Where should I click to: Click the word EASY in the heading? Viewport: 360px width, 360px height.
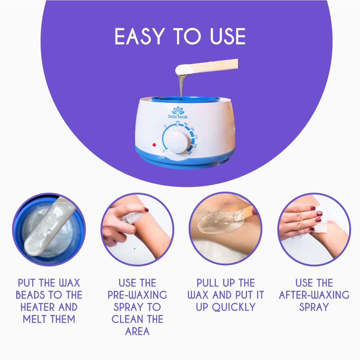pyautogui.click(x=140, y=36)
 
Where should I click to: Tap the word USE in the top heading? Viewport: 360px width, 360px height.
pyautogui.click(x=228, y=36)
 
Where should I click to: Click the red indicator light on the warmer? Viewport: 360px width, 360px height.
pyautogui.click(x=154, y=145)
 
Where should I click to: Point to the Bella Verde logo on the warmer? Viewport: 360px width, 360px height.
pyautogui.click(x=178, y=112)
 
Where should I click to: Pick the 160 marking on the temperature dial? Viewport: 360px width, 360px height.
pyautogui.click(x=177, y=122)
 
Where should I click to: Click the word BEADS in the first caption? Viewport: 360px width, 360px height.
pyautogui.click(x=30, y=295)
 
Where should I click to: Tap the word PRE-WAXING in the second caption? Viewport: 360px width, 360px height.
pyautogui.click(x=137, y=295)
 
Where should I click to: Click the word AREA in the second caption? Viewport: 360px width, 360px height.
pyautogui.click(x=137, y=332)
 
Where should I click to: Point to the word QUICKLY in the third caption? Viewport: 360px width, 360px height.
pyautogui.click(x=234, y=307)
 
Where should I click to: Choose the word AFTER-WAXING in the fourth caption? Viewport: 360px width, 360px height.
pyautogui.click(x=314, y=295)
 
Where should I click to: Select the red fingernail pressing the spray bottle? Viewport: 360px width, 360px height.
pyautogui.click(x=146, y=210)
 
